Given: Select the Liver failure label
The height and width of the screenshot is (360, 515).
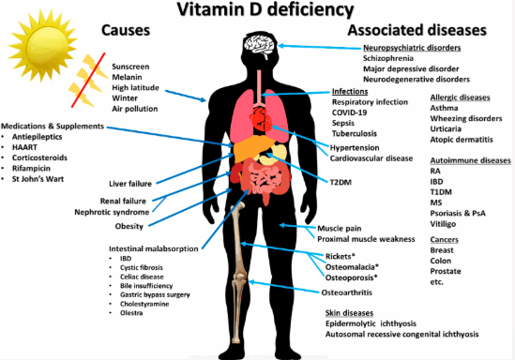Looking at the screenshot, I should [x=131, y=183].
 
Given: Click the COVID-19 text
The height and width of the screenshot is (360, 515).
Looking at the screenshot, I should [x=352, y=112].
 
